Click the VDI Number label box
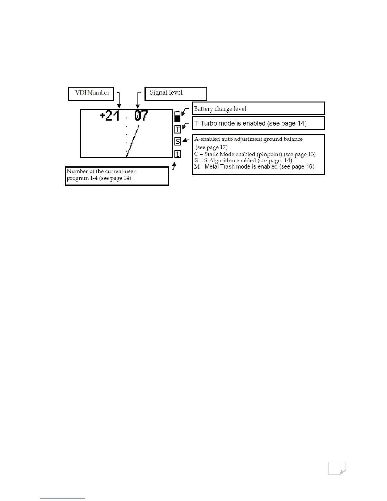point(91,94)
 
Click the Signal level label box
point(175,94)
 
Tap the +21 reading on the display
point(110,116)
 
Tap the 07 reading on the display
point(141,116)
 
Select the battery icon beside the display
point(177,116)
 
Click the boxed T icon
point(178,129)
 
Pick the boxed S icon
point(178,141)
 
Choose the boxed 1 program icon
point(178,154)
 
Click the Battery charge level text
point(220,109)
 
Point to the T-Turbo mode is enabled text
point(250,123)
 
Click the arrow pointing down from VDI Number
point(119,100)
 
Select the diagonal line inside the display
point(133,141)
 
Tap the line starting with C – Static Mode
point(255,154)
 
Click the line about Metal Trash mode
point(254,167)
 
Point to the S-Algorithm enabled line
point(243,160)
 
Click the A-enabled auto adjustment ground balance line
point(249,139)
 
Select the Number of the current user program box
point(117,176)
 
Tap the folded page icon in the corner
point(337,468)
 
